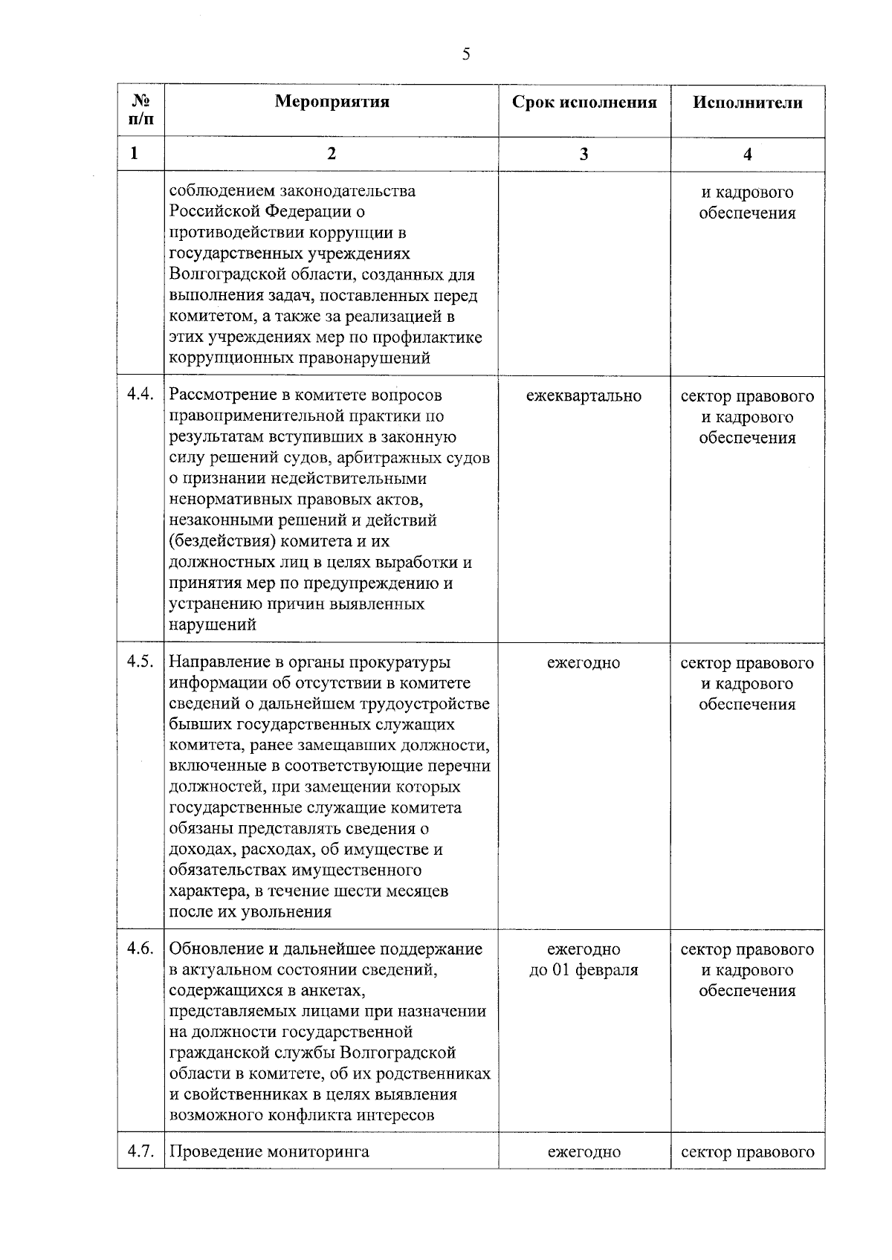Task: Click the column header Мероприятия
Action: [x=332, y=102]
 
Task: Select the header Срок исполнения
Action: [x=584, y=103]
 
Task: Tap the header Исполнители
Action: [x=748, y=103]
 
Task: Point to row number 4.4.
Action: [x=140, y=395]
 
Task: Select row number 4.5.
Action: [x=140, y=662]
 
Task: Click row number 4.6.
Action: [x=140, y=949]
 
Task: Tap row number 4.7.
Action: [x=140, y=1152]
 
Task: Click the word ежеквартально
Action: [x=584, y=396]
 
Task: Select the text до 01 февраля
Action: [x=584, y=970]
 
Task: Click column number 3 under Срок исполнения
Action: [x=584, y=154]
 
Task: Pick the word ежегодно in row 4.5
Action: [x=584, y=662]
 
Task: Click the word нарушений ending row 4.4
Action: [x=213, y=624]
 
